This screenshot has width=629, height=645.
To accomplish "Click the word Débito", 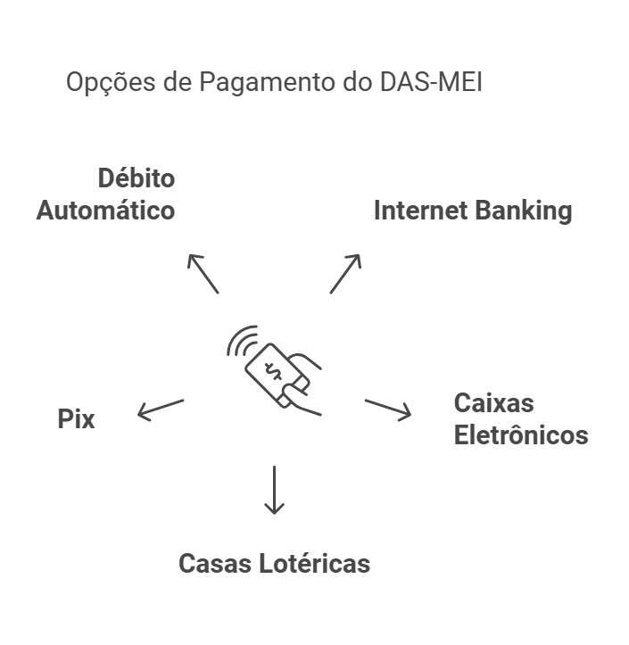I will click(136, 178).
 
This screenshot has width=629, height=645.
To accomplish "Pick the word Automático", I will click(105, 211).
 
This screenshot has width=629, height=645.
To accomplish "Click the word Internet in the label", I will click(420, 211).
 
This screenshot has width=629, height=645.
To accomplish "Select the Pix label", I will click(76, 418).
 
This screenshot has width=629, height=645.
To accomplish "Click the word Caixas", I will click(493, 402).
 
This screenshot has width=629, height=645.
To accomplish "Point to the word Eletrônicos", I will click(521, 435).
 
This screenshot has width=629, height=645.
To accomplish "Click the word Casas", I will click(215, 564).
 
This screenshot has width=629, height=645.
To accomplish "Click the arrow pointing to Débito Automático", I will click(203, 273).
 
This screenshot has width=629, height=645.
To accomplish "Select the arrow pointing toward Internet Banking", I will click(345, 273).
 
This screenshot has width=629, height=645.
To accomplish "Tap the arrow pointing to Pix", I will click(160, 409).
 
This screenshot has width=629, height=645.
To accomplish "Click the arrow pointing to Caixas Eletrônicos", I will click(388, 409).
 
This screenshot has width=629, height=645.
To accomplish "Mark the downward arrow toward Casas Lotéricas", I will click(274, 490).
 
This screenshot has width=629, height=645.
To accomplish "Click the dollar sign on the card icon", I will click(274, 370).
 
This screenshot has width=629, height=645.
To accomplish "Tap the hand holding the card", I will click(306, 384).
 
